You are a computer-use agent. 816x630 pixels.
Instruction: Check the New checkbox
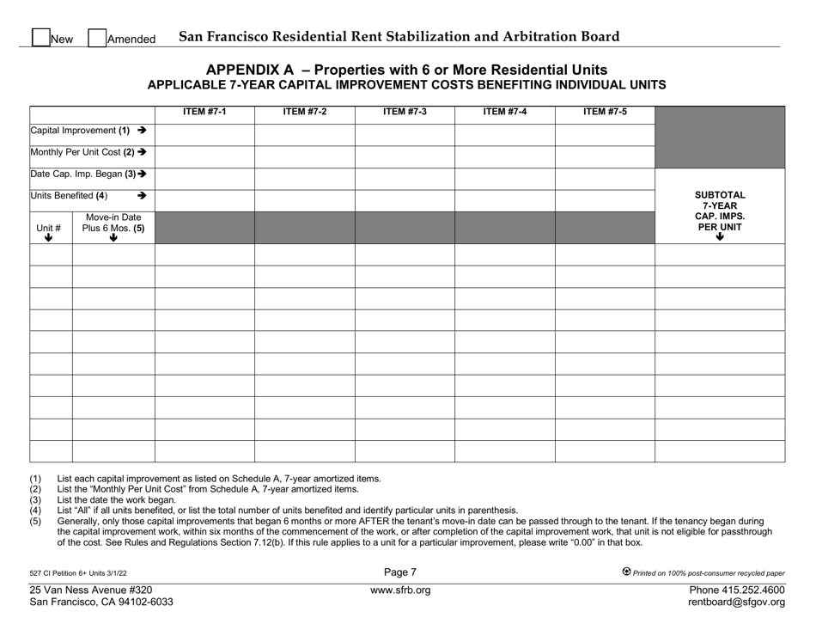[40, 38]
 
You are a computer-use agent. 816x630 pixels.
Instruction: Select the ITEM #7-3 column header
[405, 111]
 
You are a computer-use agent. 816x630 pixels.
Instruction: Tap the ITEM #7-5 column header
[605, 111]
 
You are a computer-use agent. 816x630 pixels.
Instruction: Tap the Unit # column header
[51, 228]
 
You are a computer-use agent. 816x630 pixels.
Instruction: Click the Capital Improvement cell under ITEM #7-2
[304, 134]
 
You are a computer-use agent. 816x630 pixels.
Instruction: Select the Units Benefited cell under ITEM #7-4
[504, 200]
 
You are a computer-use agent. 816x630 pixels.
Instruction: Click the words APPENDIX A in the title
[245, 70]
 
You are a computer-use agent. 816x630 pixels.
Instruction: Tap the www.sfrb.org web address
[400, 590]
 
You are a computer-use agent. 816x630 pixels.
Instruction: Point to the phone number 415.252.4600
[752, 590]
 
